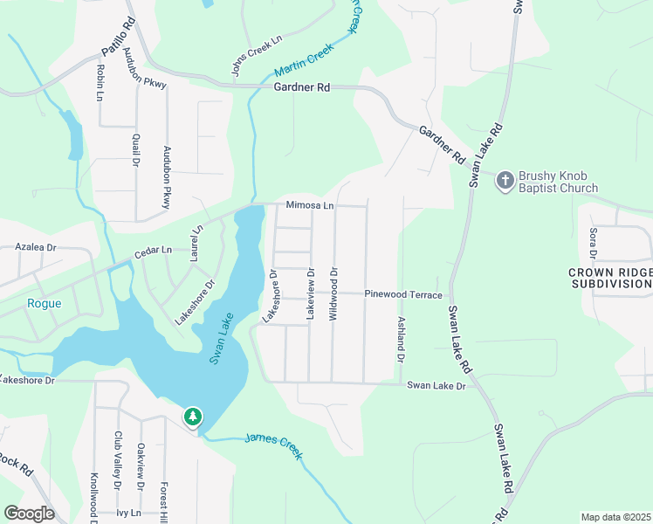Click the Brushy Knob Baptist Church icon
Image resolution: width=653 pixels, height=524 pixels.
pyautogui.click(x=504, y=181)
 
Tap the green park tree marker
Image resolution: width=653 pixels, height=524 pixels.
pyautogui.click(x=192, y=417)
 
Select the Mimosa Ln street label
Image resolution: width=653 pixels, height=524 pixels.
pyautogui.click(x=310, y=206)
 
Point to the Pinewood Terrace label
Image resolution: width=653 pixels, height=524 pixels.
pyautogui.click(x=403, y=295)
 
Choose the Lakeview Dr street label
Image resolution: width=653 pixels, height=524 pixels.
pyautogui.click(x=310, y=294)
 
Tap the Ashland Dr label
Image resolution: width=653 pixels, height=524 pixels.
pyautogui.click(x=401, y=340)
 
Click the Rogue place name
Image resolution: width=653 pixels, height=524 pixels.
pyautogui.click(x=43, y=303)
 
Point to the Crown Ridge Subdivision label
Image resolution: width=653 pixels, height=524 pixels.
pyautogui.click(x=610, y=279)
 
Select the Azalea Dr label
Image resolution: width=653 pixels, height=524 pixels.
pyautogui.click(x=36, y=248)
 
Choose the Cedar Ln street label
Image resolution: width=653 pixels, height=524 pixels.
pyautogui.click(x=153, y=254)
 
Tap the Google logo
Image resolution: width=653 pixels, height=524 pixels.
pyautogui.click(x=29, y=514)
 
